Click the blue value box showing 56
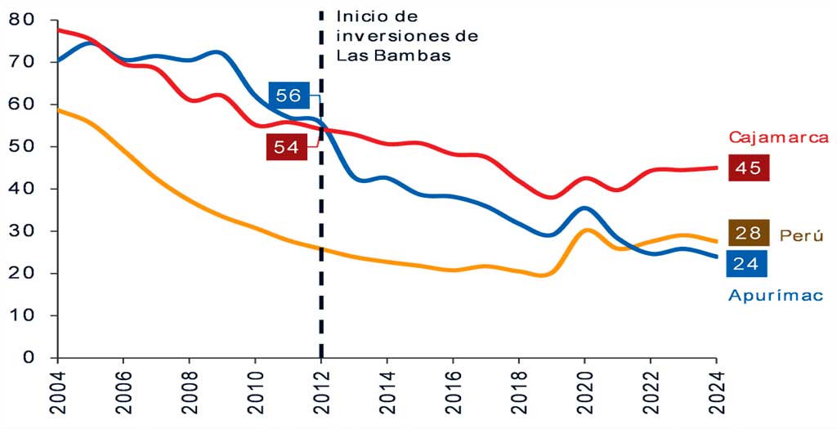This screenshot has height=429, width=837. tap(289, 96)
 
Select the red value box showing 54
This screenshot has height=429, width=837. tap(287, 147)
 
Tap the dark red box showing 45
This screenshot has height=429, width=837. tap(748, 168)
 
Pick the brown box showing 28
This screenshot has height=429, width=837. tap(748, 233)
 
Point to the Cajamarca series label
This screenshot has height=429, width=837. tap(779, 137)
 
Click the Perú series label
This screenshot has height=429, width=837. tap(801, 235)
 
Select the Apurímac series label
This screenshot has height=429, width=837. tap(775, 295)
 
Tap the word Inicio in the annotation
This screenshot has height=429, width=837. tap(360, 16)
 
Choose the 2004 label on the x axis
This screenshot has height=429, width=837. tap(58, 393)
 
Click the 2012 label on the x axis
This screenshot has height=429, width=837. tap(321, 393)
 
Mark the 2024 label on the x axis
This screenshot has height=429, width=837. tap(717, 393)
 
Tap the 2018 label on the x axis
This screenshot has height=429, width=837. tap(519, 393)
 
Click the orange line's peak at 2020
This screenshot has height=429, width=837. tap(585, 230)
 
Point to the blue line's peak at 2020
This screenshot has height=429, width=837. tap(584, 208)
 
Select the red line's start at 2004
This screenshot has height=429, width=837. tap(58, 29)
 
